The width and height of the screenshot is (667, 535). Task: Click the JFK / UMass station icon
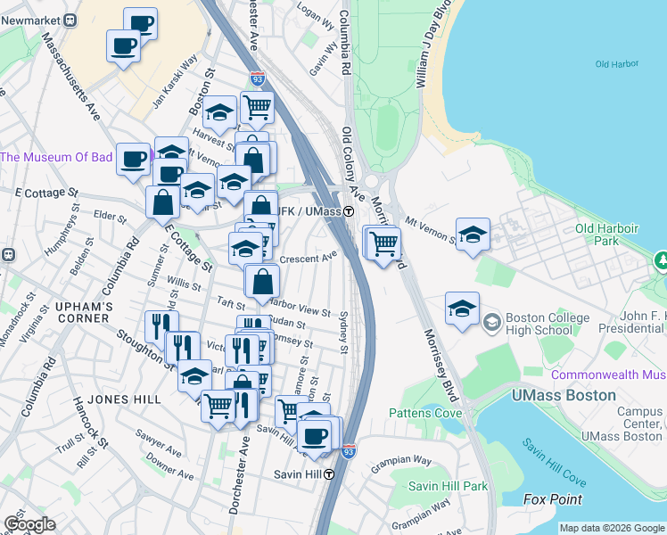[350, 211]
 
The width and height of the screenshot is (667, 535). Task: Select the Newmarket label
[35, 19]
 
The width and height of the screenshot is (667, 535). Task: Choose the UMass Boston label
[564, 394]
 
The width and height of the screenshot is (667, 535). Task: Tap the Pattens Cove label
[425, 413]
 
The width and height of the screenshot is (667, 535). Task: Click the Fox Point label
[552, 499]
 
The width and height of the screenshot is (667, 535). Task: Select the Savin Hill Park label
[449, 486]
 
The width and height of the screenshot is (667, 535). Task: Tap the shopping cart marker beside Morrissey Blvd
[383, 242]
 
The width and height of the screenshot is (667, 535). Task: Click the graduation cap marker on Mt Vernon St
[473, 235]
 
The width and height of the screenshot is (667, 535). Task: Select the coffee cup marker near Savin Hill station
[313, 435]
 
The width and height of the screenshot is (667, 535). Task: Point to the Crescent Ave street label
[308, 259]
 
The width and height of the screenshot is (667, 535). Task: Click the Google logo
[29, 524]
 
